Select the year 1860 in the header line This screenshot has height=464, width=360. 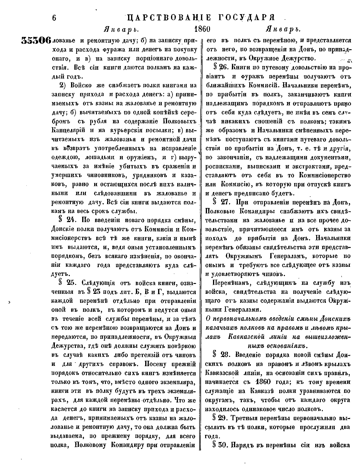203,29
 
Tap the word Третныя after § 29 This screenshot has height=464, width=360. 251,418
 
